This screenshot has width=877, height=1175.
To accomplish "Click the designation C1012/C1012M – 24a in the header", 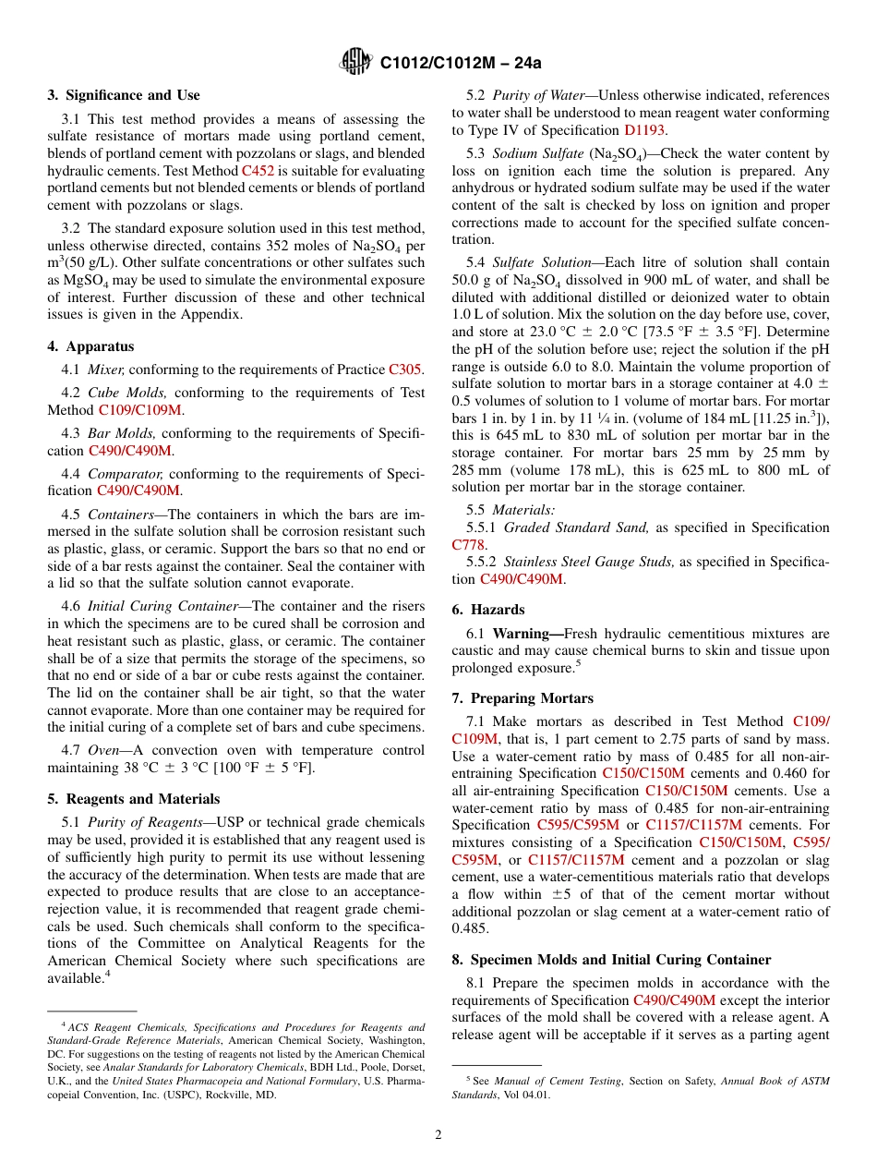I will point(461,63).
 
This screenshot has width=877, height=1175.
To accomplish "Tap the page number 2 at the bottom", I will point(438,1134).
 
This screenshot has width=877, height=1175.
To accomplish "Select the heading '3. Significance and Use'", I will point(124,95).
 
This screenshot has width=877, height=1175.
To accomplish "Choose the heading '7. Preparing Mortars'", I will point(523,698).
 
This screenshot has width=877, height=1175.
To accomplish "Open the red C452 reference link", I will point(258,171).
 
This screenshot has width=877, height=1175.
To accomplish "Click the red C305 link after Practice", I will point(404,369).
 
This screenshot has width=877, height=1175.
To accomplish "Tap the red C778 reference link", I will point(468,545).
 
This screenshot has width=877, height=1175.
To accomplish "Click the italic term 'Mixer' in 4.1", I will point(105,369).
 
